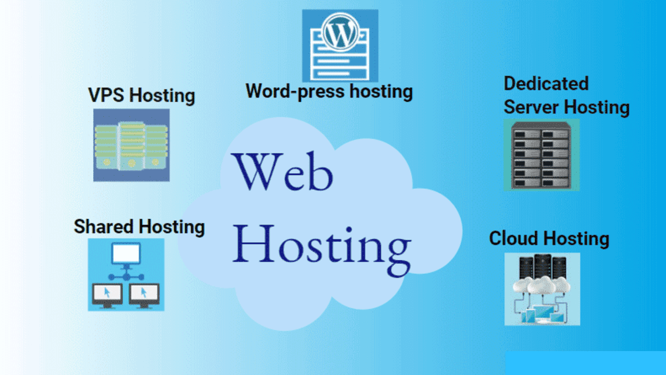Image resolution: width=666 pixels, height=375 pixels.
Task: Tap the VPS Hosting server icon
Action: point(131,144)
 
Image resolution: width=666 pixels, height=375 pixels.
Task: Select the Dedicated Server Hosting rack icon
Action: point(541,154)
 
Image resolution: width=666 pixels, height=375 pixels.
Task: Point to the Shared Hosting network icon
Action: point(126,274)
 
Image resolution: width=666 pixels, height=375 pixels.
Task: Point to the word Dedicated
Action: point(546,84)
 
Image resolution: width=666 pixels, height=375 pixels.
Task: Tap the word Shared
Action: point(104,227)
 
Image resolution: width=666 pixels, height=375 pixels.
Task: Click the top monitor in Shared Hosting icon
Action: point(126,255)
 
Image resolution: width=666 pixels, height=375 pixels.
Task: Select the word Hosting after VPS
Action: point(162,96)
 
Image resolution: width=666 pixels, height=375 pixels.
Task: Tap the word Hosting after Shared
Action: point(171,227)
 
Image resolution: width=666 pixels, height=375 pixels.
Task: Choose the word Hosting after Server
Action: point(596,107)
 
